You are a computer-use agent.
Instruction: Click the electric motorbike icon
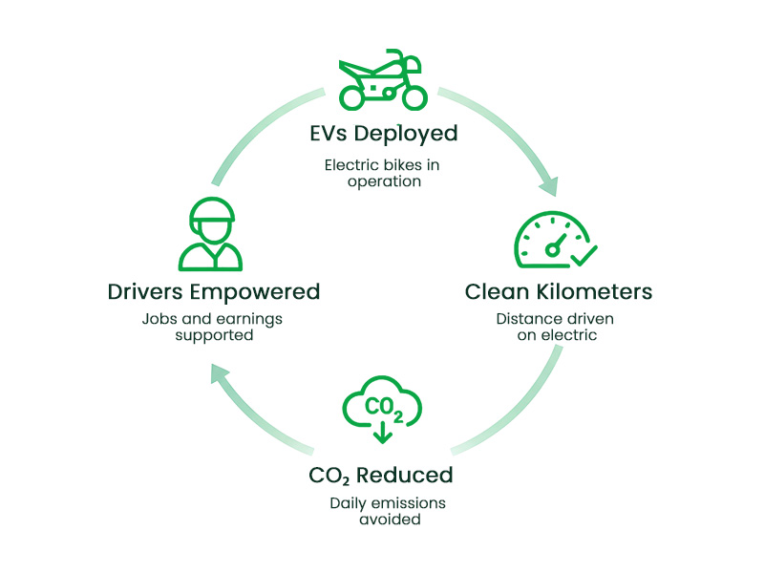point(381,79)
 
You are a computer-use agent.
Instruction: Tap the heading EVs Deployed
point(382,133)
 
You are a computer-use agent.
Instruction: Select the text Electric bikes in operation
point(382,173)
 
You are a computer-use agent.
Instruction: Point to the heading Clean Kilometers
point(558,290)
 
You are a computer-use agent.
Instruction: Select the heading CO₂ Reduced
point(381,475)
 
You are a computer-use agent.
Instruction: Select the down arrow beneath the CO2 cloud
point(383,435)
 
